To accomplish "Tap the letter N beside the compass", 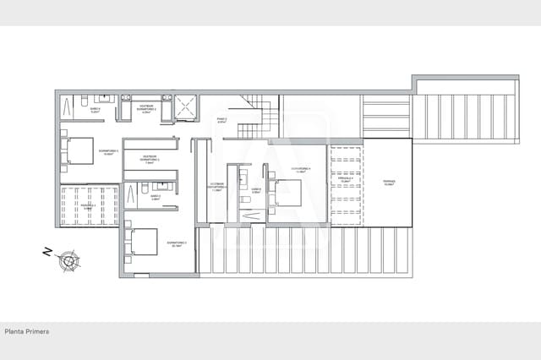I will [x=47, y=251].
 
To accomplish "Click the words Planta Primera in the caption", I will [x=26, y=331].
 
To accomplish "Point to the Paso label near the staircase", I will [x=221, y=120].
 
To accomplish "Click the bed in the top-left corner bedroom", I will [x=79, y=150].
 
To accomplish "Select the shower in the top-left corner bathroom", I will [x=67, y=106].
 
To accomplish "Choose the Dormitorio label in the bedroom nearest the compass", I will [x=177, y=243].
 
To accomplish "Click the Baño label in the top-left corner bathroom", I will [x=95, y=110].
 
